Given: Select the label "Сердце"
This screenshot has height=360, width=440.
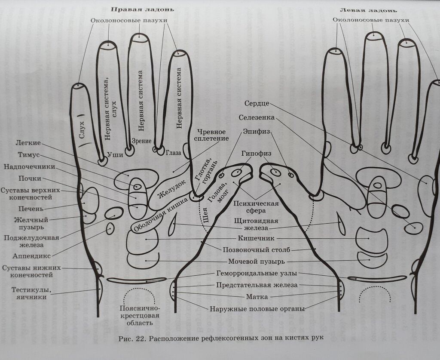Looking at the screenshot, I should click(x=257, y=104).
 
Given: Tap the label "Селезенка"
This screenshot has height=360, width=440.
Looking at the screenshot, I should click(x=257, y=117).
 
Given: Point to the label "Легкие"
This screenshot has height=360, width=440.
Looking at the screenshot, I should click(x=28, y=143).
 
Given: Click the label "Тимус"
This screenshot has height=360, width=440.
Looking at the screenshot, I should click(x=29, y=155).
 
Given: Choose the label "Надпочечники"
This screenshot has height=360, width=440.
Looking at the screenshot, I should click(x=30, y=167).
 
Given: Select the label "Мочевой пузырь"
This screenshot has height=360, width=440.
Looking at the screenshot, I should click(x=256, y=261).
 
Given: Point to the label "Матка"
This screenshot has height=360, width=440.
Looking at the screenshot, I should click(x=257, y=297).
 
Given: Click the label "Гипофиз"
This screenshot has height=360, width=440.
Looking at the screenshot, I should click(x=254, y=153).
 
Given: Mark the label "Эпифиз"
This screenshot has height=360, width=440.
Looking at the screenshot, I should click(x=256, y=132).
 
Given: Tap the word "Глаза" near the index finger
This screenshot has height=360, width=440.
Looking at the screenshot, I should click(x=175, y=152).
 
